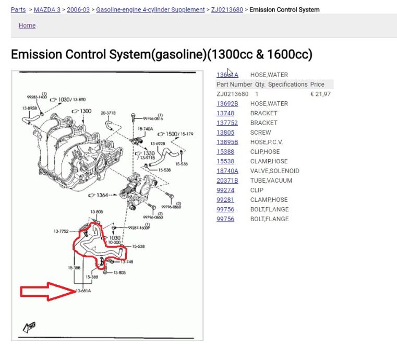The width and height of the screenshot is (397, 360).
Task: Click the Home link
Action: point(27,25)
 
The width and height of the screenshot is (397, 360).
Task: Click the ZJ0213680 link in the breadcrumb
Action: point(227,9)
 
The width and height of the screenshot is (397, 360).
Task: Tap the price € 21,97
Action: point(320,94)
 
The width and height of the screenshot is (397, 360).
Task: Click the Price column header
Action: point(317,85)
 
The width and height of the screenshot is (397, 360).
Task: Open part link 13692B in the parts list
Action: point(227,104)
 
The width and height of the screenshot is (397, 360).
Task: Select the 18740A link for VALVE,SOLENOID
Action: point(227,171)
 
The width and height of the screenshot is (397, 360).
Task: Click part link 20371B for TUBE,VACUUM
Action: point(227,181)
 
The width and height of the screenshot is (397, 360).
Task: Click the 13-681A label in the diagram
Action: point(83,291)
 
